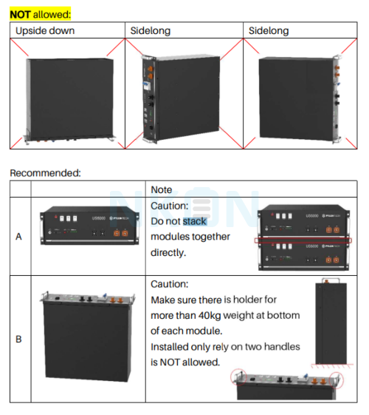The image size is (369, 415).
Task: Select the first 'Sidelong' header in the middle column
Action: tap(151, 31)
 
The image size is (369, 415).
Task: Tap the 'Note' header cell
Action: tap(162, 190)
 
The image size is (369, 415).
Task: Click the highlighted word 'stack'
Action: tap(195, 221)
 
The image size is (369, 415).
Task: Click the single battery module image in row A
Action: tap(89, 225)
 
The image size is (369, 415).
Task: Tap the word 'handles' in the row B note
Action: tap(281, 346)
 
